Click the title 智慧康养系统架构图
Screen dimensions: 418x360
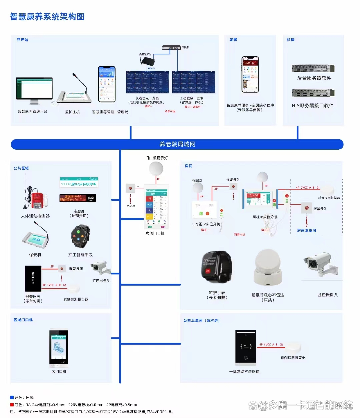47,17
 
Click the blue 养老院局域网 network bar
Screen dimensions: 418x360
177,144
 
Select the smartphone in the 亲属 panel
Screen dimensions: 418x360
250,74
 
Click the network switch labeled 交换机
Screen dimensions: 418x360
171,48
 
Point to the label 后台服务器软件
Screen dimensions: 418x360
314,78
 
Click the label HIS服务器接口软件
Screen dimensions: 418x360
313,106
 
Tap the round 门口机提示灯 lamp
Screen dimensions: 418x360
156,169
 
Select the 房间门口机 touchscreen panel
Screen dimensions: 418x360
156,207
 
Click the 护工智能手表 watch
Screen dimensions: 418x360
80,236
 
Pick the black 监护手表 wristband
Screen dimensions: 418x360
216,267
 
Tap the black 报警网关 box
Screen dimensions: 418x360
33,278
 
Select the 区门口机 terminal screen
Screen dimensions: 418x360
59,347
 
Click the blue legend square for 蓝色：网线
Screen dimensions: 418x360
12,397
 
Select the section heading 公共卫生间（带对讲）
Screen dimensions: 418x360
201,320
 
